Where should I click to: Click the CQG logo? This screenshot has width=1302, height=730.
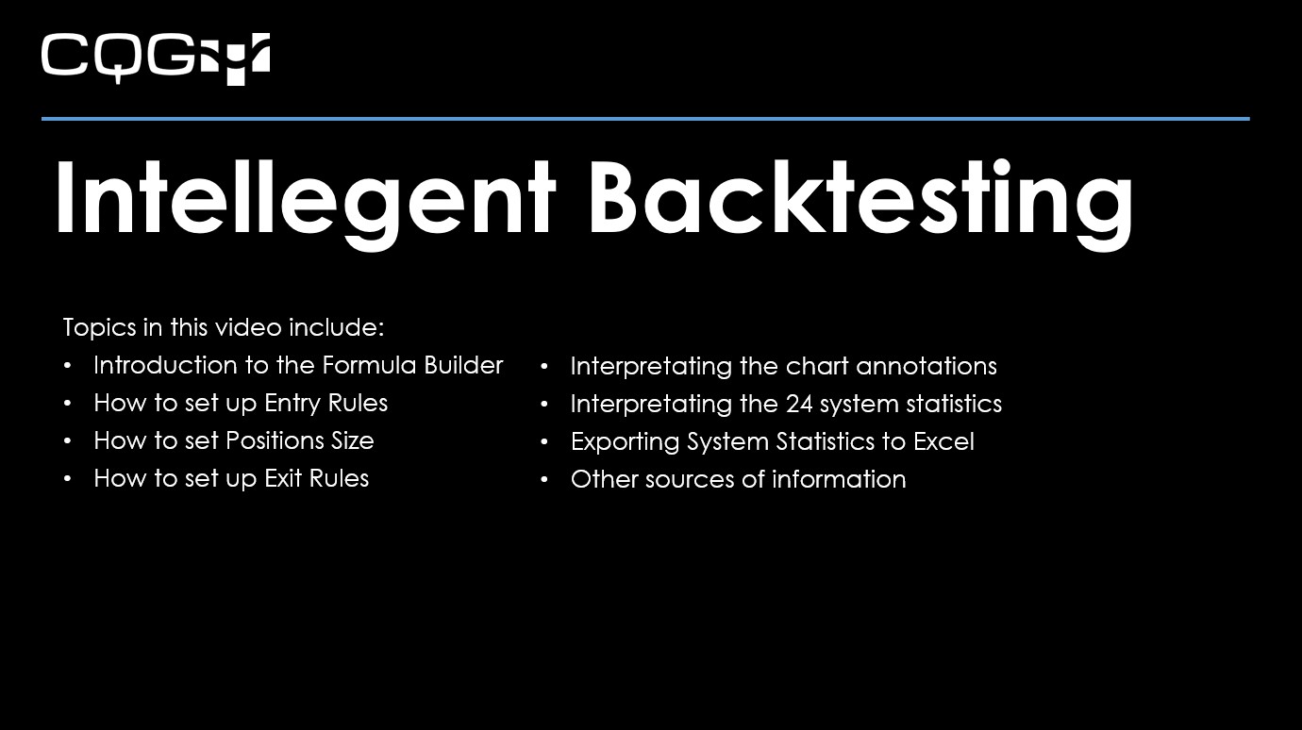[156, 58]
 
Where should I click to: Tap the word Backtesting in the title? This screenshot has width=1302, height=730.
[860, 199]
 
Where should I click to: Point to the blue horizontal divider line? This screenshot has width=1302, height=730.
[645, 119]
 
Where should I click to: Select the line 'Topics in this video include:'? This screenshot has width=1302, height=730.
[224, 327]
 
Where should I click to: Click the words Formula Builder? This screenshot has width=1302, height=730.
[412, 365]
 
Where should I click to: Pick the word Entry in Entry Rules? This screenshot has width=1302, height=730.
[292, 403]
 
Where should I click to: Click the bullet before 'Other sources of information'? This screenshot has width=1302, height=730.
[544, 479]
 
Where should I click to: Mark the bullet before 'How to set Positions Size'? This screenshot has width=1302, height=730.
[67, 440]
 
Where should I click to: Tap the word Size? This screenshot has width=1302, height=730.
[352, 440]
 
